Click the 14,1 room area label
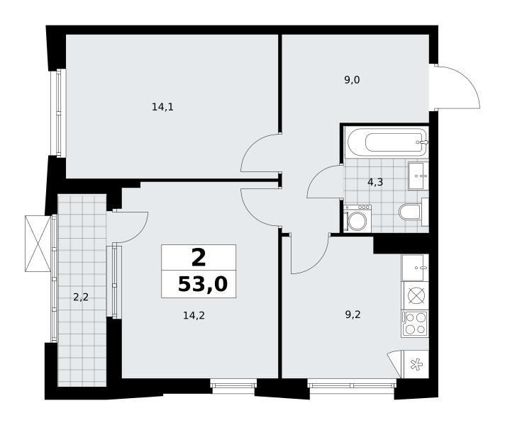point(162,107)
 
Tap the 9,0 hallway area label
point(352,80)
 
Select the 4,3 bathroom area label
point(375,183)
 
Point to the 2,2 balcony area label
point(81,297)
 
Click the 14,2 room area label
point(194,315)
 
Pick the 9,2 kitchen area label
point(353,314)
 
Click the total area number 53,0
point(203,284)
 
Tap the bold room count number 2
point(199,258)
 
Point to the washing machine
point(357,218)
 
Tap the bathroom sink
point(418,176)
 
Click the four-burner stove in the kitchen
point(415,324)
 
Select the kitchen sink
point(415,268)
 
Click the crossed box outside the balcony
point(38,244)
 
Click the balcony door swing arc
point(140,232)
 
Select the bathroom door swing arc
point(317,175)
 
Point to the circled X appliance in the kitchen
point(416,295)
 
